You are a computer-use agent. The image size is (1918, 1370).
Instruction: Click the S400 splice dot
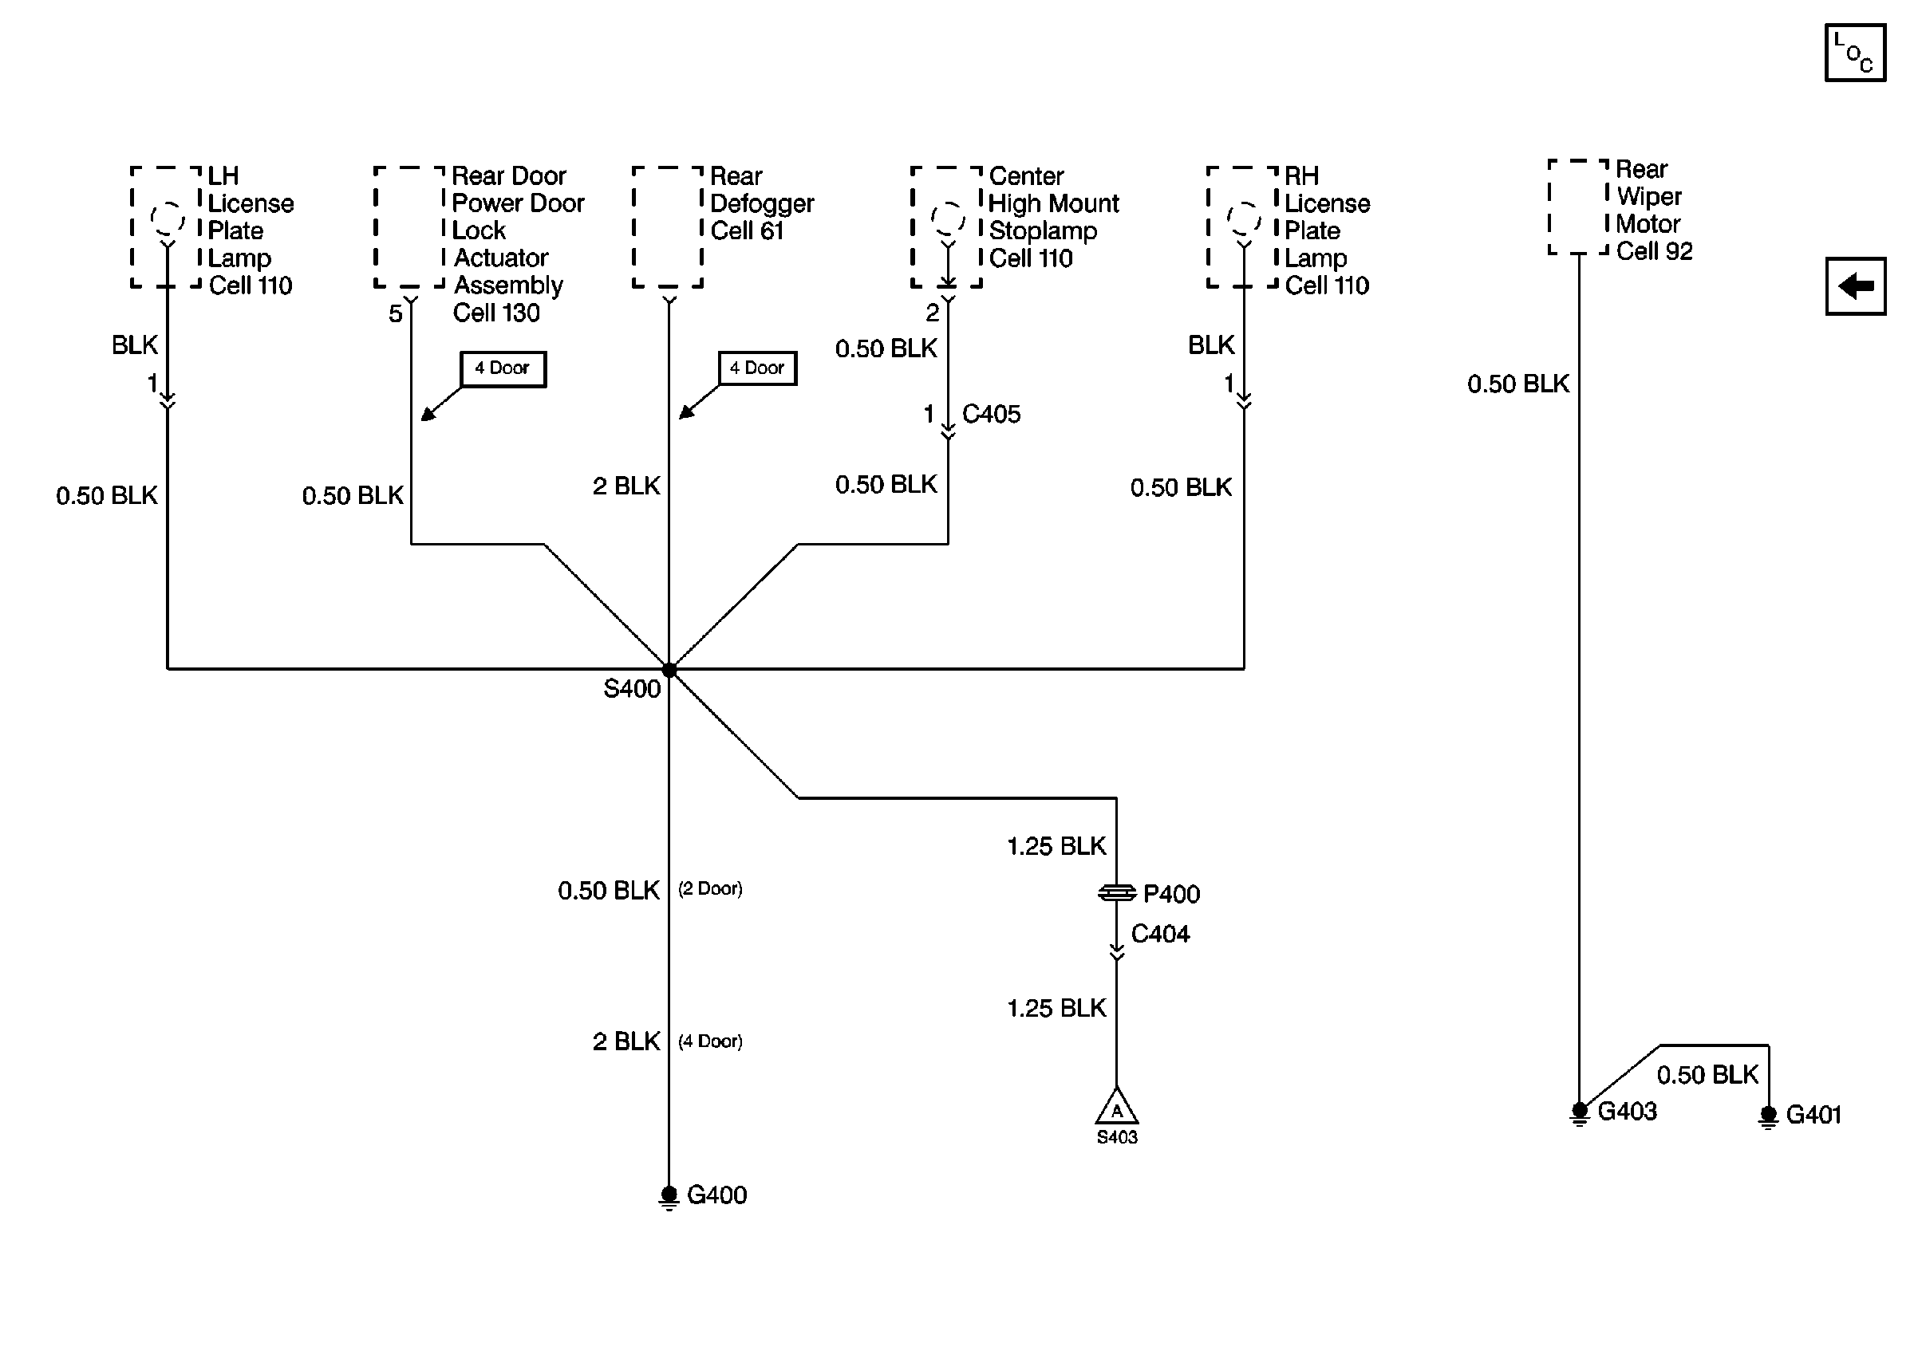point(669,671)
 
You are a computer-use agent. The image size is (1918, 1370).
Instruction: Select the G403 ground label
point(1627,1112)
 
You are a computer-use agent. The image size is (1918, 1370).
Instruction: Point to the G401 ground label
point(1813,1116)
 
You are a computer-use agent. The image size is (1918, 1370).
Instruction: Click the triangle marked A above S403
point(1116,1108)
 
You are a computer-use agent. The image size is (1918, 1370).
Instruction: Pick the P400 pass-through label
point(1171,894)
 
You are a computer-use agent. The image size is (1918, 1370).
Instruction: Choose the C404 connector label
point(1160,934)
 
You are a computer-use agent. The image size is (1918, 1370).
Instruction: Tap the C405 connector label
point(992,414)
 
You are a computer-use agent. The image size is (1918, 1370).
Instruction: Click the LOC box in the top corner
point(1855,53)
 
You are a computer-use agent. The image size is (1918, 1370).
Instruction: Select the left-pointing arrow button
point(1855,286)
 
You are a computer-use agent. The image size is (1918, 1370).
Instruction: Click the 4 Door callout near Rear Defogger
point(757,368)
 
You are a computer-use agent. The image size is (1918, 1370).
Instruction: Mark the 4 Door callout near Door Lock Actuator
point(503,368)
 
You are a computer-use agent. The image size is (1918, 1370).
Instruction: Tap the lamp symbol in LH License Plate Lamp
point(168,219)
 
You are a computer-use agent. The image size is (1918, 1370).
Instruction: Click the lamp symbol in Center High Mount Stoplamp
point(948,219)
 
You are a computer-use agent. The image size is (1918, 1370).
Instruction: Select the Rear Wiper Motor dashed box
point(1579,207)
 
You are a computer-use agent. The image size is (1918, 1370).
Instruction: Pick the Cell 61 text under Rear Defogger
point(747,231)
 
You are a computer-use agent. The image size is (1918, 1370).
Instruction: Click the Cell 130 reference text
point(496,313)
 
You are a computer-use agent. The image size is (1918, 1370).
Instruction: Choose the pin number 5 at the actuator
point(395,314)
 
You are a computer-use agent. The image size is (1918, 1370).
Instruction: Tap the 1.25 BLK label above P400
point(1056,846)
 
